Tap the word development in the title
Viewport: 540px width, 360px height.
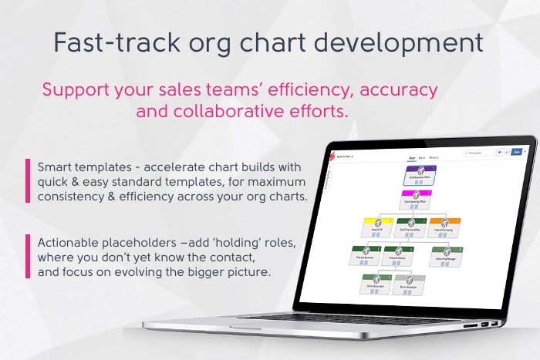pyautogui.click(x=407, y=42)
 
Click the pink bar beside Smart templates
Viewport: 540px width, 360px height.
pyautogui.click(x=28, y=180)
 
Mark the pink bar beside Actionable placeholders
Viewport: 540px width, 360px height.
pyautogui.click(x=28, y=256)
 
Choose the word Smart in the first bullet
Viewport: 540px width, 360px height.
pyautogui.click(x=59, y=167)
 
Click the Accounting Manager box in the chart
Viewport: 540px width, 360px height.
pyautogui.click(x=446, y=254)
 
